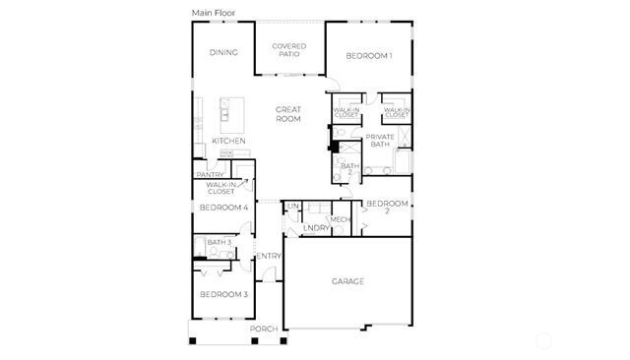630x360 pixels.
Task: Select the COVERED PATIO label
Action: point(289,50)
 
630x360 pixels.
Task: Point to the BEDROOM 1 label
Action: point(369,56)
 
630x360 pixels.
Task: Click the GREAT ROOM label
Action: point(287,114)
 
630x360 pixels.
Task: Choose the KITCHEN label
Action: point(228,141)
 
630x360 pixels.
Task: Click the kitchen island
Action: point(231,114)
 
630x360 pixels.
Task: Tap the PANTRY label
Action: point(210,174)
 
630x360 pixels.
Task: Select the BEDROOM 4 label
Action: point(223,208)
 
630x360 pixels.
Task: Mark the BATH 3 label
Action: point(219,242)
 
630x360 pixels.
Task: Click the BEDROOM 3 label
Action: point(223,294)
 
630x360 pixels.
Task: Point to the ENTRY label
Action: point(269,257)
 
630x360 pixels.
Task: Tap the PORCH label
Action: point(263,329)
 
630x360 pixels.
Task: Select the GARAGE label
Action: point(347,281)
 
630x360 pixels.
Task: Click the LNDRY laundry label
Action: point(316,228)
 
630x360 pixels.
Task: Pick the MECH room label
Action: point(341,219)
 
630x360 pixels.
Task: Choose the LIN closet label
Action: point(292,206)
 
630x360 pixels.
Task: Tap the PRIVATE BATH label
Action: point(380,141)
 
